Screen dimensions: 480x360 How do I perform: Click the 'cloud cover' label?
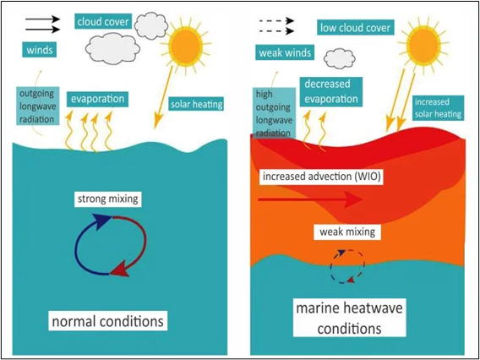tap(102, 22)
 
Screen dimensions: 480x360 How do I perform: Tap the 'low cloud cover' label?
tap(355, 28)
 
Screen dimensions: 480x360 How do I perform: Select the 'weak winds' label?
tap(285, 52)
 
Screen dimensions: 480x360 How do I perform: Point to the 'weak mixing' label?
tap(347, 232)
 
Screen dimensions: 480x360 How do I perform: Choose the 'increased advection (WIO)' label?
tap(321, 177)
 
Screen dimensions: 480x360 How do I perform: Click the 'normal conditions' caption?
tap(108, 321)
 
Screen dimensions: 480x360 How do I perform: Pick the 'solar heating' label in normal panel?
tap(196, 105)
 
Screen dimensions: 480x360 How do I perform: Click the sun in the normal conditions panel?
tap(186, 46)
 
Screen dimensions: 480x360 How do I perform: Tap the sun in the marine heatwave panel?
tap(424, 46)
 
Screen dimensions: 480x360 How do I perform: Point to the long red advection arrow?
tap(311, 199)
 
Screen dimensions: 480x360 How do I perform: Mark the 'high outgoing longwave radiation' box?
tap(273, 113)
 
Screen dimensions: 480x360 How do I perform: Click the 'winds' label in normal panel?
tap(40, 50)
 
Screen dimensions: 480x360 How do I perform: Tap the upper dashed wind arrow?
tap(276, 21)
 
